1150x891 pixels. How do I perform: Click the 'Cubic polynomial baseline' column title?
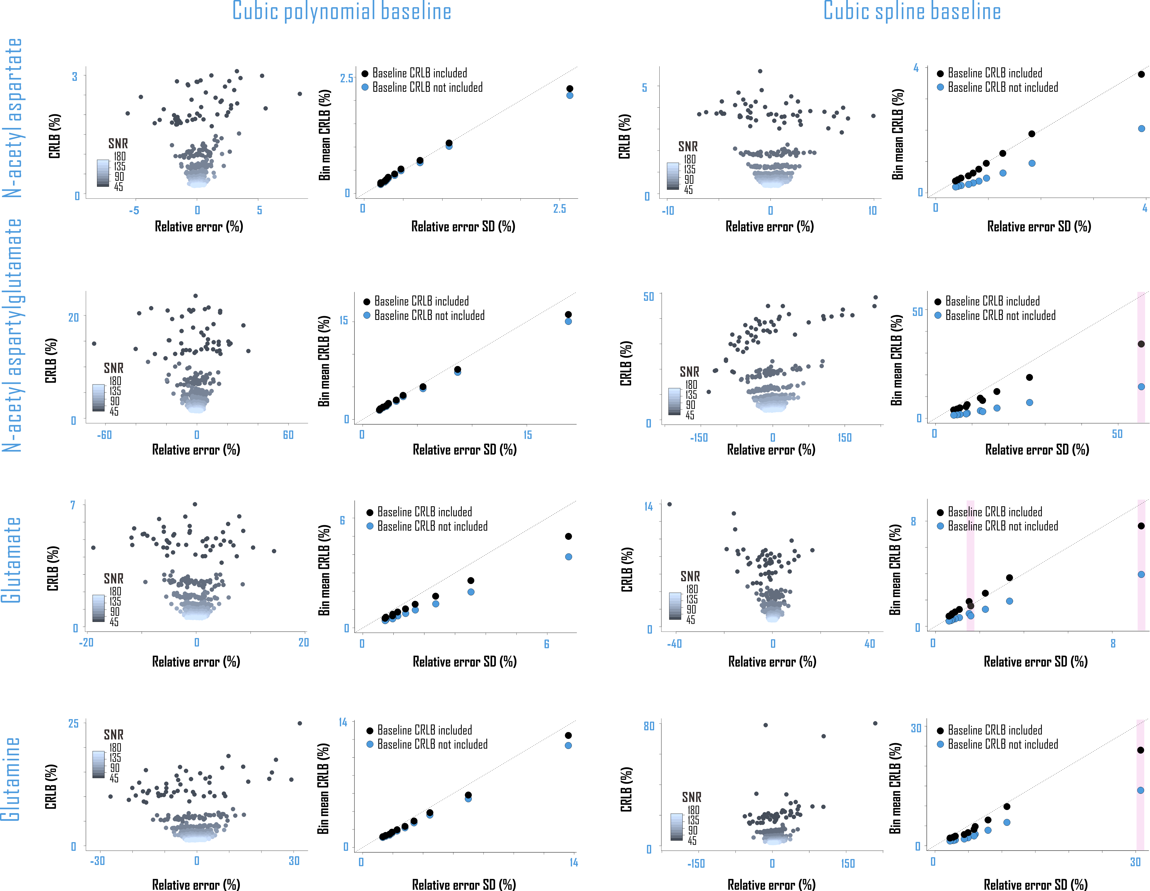[342, 12]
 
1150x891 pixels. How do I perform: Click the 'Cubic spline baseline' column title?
[912, 12]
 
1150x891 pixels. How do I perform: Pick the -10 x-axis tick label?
[668, 211]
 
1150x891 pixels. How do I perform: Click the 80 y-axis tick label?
[649, 726]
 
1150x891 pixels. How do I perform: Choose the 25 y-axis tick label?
[73, 724]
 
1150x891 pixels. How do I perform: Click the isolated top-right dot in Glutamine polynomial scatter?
[300, 723]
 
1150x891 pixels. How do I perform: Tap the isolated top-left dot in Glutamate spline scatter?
[669, 504]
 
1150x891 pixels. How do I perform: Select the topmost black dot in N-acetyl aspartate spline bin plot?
[1141, 74]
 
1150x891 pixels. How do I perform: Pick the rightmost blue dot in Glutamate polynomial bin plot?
[569, 557]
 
